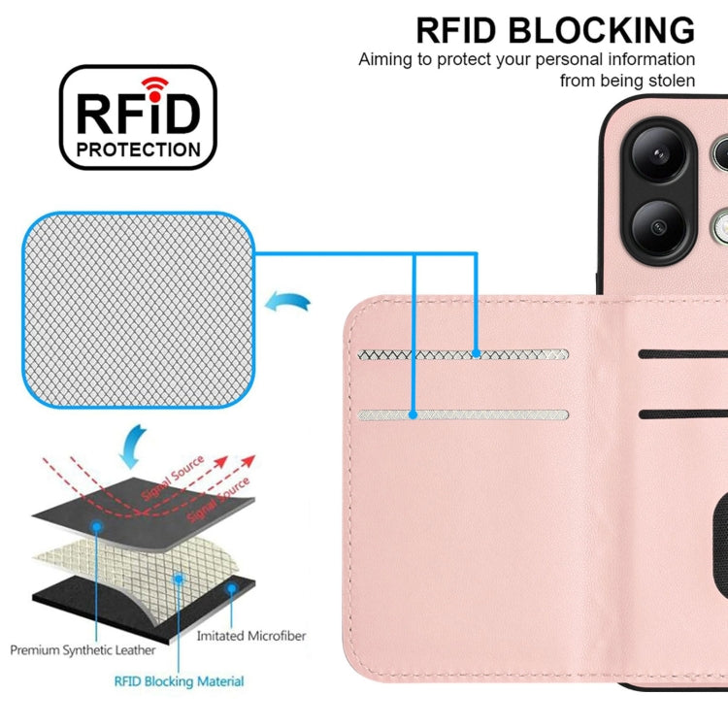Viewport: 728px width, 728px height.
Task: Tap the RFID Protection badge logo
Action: [x=139, y=116]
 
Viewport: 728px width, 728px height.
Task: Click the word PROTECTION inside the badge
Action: [x=139, y=149]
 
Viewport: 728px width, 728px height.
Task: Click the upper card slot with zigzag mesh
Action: [x=461, y=355]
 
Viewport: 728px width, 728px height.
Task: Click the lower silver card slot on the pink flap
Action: [x=461, y=414]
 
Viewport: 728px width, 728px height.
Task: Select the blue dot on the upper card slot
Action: [x=476, y=355]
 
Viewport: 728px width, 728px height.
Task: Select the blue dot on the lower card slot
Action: [x=414, y=414]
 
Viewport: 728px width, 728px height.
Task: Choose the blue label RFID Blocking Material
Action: [x=180, y=681]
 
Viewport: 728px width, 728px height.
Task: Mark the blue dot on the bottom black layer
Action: [x=231, y=587]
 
